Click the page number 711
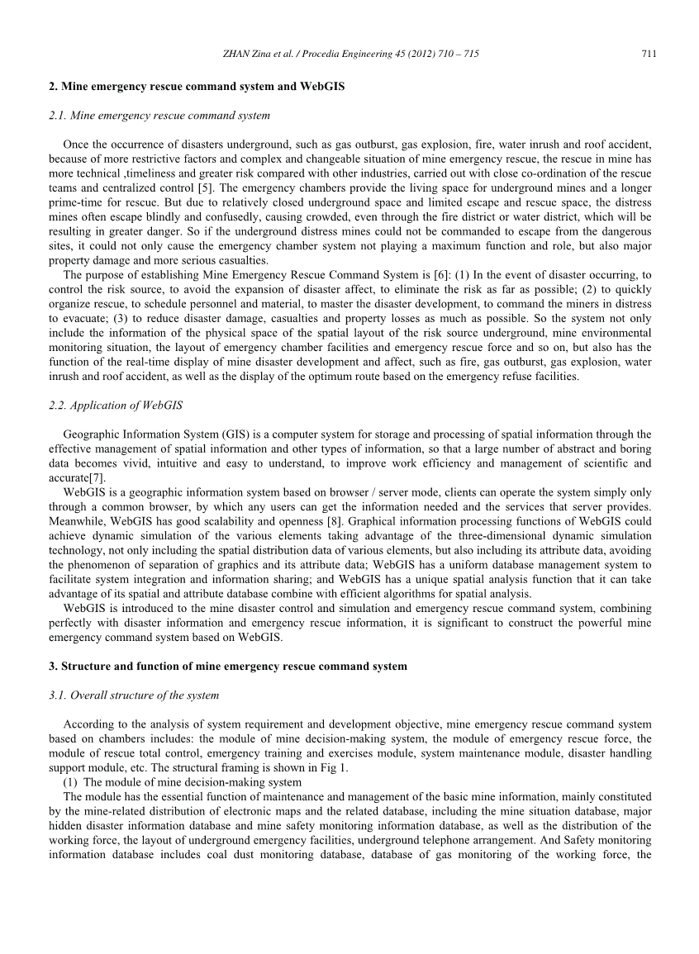[648, 55]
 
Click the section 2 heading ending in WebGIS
[197, 86]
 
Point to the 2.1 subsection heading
[159, 116]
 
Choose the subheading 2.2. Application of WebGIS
[116, 405]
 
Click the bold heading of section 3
[227, 666]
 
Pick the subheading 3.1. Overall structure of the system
[134, 695]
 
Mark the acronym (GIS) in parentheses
[230, 434]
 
